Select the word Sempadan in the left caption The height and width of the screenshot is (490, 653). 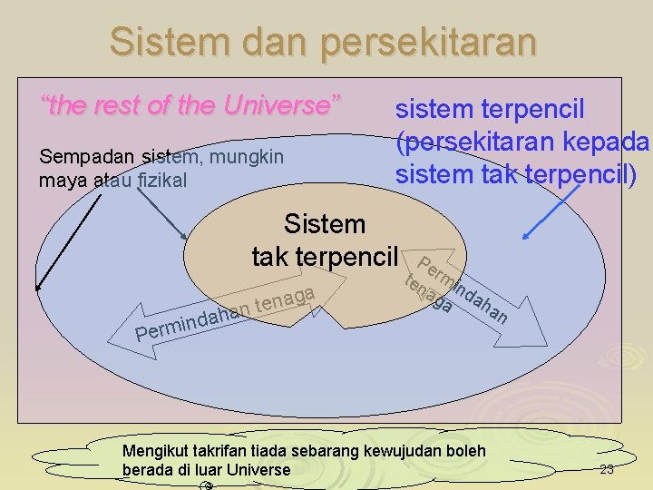point(76,157)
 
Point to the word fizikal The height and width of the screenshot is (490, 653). point(162,180)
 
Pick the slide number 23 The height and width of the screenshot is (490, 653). point(607,469)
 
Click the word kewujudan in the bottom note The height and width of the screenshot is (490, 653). point(402,451)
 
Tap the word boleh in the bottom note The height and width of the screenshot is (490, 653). point(465,451)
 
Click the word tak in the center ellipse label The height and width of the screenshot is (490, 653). point(272,257)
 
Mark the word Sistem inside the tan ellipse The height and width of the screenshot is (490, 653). point(325,224)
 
